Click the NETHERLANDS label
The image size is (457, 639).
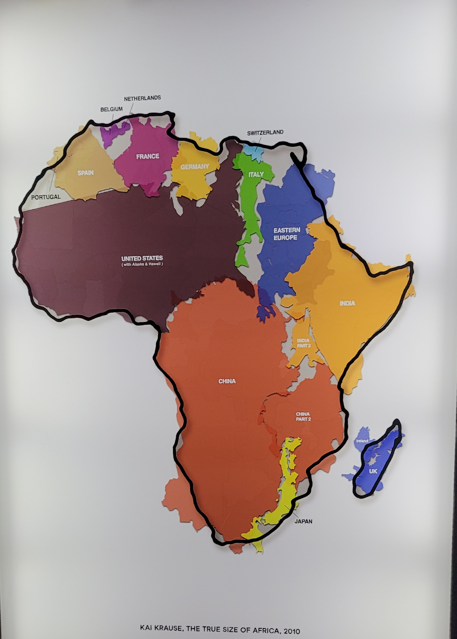coord(142,98)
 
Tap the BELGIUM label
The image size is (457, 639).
coord(111,109)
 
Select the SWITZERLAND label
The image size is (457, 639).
coord(265,133)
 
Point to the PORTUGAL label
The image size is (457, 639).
coord(46,197)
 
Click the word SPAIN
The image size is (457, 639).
coord(85,173)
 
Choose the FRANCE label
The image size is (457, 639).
coord(147,156)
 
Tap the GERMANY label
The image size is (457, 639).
coord(195,167)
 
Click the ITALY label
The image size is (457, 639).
coord(256,175)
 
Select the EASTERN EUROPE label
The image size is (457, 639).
coord(287,234)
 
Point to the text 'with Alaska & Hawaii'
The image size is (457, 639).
coord(142,264)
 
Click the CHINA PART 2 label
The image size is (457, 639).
coord(303,416)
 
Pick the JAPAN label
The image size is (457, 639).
coord(303,521)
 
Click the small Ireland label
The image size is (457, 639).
coord(362,441)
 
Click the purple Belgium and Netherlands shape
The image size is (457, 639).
coord(114,132)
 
